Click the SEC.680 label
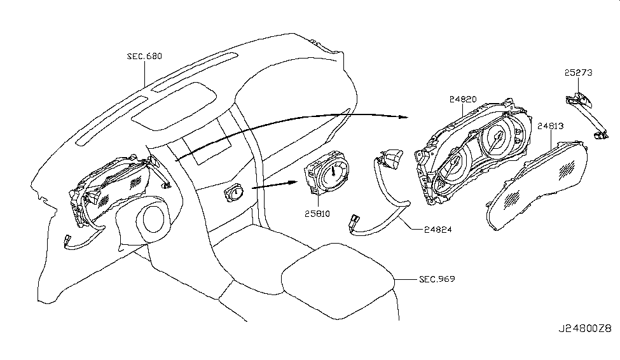144,56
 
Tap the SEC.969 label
437,279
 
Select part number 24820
463,99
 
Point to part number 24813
551,126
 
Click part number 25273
579,73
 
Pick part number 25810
317,214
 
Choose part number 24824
437,230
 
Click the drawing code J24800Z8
585,328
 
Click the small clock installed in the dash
235,193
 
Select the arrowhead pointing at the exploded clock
293,182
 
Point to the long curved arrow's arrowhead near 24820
403,117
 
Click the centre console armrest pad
338,281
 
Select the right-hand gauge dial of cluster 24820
497,139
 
